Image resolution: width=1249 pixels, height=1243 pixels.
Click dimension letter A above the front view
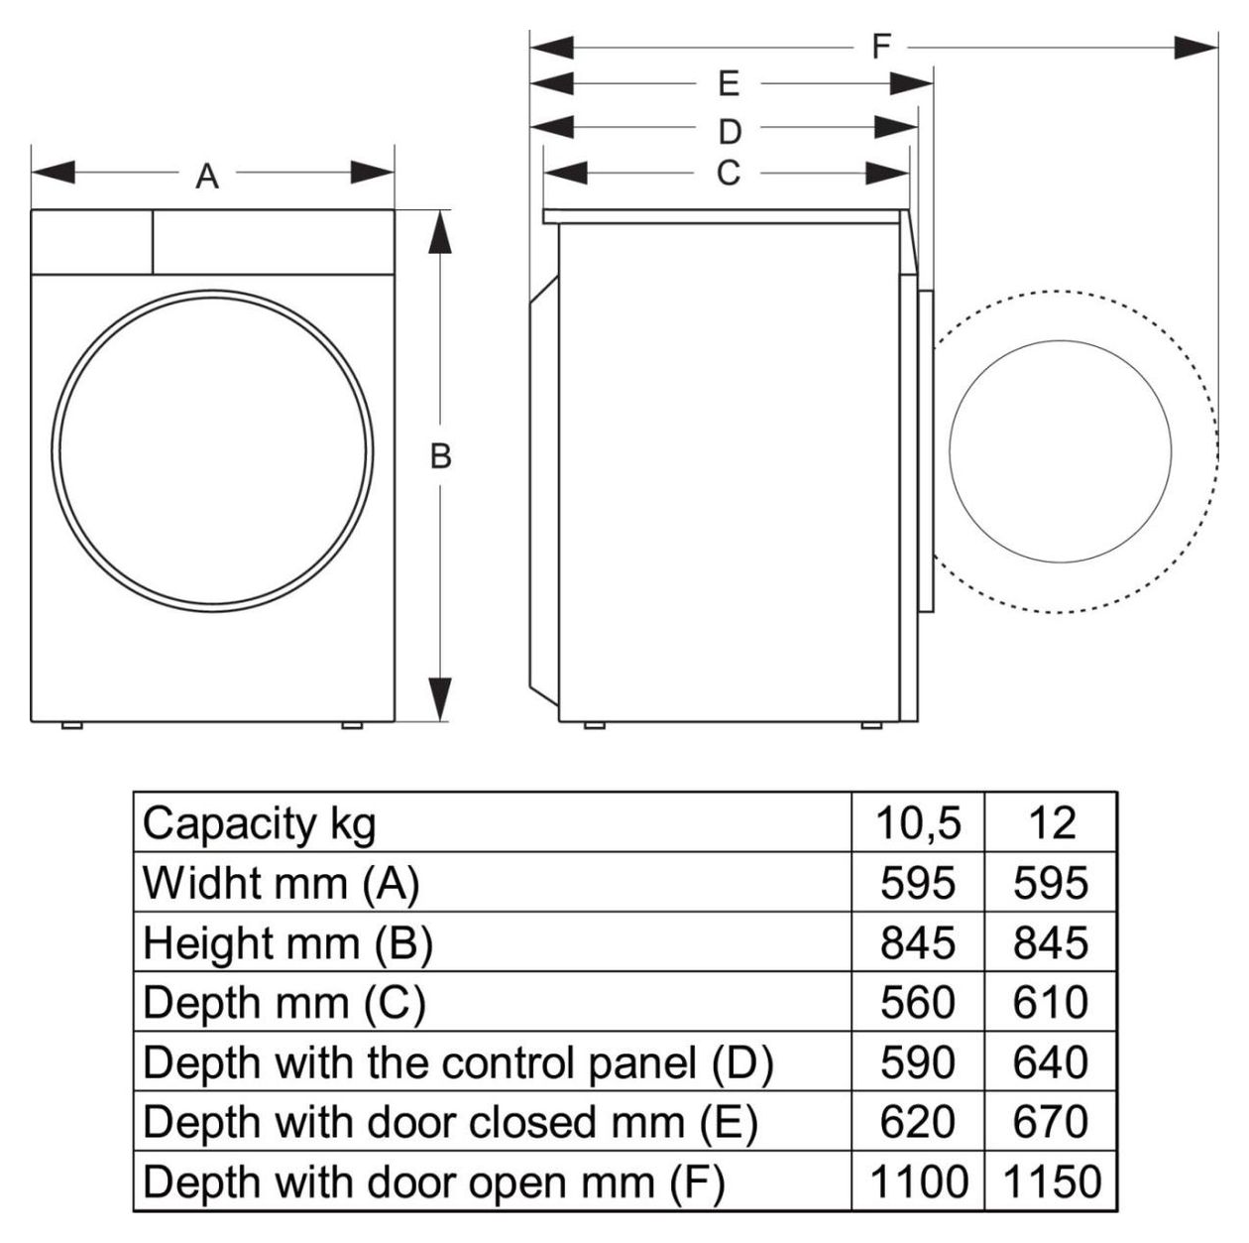point(207,176)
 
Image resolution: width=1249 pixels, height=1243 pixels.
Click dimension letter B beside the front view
point(441,456)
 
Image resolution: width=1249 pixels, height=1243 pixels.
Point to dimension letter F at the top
point(881,47)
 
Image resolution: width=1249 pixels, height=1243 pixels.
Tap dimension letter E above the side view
point(730,84)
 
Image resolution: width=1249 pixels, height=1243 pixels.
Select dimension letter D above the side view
point(730,132)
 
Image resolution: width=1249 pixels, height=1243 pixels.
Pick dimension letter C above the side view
point(729,174)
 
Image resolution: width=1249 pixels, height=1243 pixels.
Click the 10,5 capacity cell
point(918,822)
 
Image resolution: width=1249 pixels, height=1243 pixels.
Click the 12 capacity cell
point(1052,822)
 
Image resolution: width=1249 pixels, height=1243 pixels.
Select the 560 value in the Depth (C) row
point(918,1002)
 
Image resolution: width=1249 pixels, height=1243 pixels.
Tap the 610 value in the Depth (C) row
point(1051,1002)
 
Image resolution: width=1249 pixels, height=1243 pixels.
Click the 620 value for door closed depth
point(918,1121)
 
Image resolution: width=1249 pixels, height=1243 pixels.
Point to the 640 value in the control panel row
point(1051,1062)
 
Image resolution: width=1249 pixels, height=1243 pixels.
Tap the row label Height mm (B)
point(287,943)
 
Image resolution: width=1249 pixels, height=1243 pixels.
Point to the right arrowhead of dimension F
point(1196,48)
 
